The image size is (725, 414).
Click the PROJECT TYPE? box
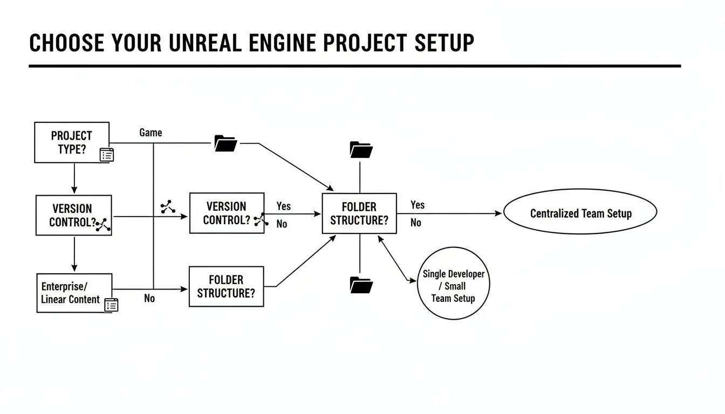tap(72, 142)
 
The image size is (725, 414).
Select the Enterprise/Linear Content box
tap(74, 293)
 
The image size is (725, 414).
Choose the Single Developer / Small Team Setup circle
tap(453, 286)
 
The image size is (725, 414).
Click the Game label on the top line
tap(151, 133)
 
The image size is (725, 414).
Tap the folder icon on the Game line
tap(225, 143)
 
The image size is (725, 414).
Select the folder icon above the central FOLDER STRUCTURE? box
tap(361, 149)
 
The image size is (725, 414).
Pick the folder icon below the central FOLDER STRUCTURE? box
tap(361, 284)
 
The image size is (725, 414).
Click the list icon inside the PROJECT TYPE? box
tap(107, 155)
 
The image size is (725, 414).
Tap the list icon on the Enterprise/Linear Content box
tap(111, 305)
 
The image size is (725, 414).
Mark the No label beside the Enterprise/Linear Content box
tap(149, 298)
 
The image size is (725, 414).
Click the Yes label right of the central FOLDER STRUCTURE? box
tap(417, 205)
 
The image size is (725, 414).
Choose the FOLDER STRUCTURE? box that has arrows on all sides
tap(359, 213)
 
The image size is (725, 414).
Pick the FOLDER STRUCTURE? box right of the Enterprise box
tap(227, 286)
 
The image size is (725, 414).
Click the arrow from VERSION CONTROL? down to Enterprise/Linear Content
tap(74, 254)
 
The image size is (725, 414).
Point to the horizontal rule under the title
tap(354, 66)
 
